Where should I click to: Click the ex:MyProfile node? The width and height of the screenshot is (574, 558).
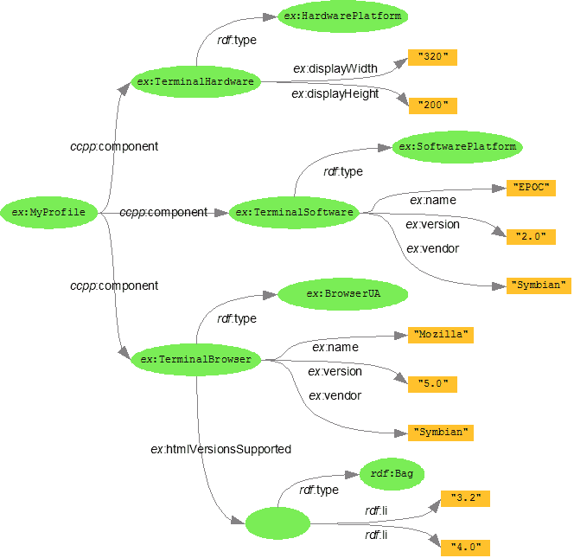click(48, 212)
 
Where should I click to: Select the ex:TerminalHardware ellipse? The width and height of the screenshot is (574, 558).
click(195, 82)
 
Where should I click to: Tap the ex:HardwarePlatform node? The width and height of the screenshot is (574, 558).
click(343, 16)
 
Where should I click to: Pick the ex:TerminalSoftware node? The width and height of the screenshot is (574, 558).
click(294, 212)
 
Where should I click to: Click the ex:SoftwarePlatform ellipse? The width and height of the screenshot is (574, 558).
click(457, 146)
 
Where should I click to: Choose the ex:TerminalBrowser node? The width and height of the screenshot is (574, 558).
click(195, 359)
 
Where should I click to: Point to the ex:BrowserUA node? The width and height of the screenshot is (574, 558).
click(343, 294)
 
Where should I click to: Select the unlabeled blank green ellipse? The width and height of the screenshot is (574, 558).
click(277, 523)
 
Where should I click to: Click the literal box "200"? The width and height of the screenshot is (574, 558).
click(432, 106)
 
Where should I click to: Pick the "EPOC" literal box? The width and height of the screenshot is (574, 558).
click(530, 188)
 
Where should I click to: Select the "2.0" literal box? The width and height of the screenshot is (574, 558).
click(530, 236)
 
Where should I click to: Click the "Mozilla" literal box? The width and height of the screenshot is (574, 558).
click(441, 335)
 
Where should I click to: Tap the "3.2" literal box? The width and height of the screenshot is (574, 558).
click(465, 498)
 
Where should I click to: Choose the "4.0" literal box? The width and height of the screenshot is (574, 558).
click(465, 547)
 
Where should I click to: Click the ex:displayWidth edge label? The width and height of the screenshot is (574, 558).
click(335, 68)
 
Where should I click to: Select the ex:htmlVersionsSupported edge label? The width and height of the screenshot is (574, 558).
click(220, 449)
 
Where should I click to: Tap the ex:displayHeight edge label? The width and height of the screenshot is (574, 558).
click(335, 93)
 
